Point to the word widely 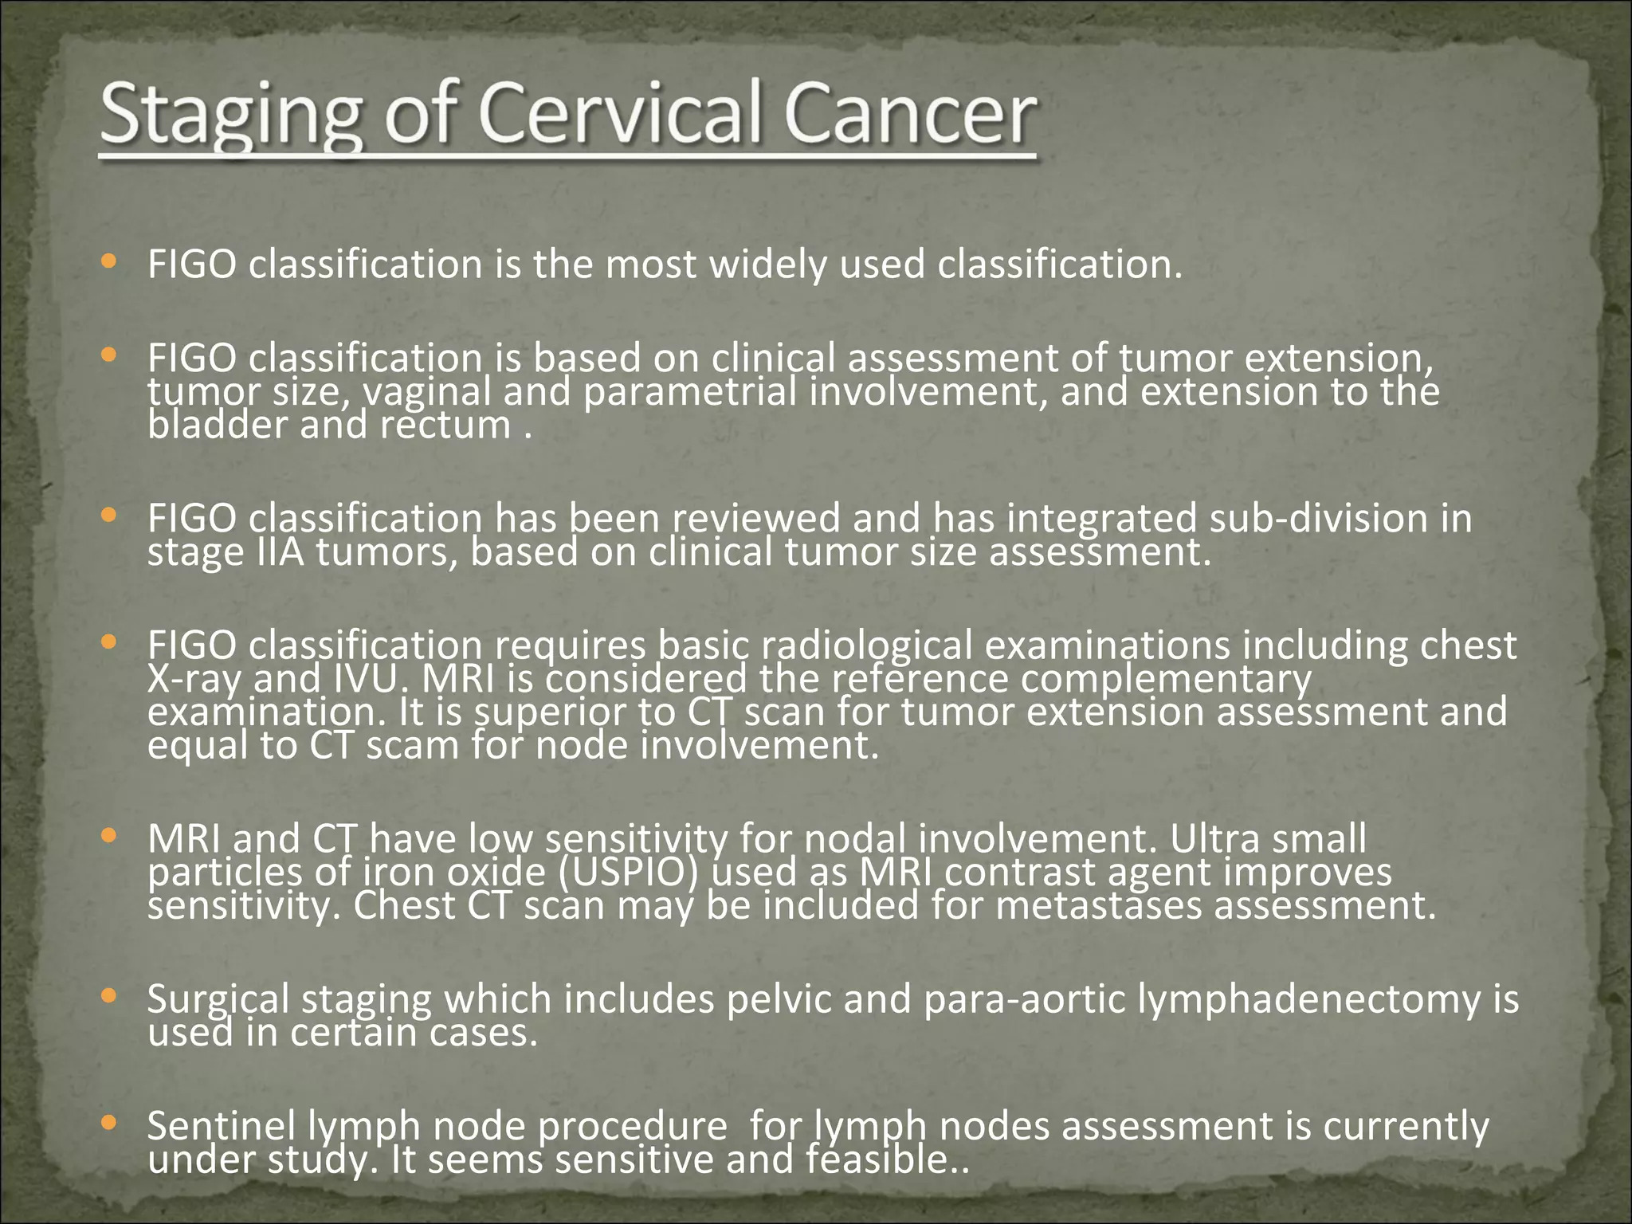[768, 265]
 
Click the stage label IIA [280, 551]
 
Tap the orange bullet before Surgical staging [110, 995]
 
